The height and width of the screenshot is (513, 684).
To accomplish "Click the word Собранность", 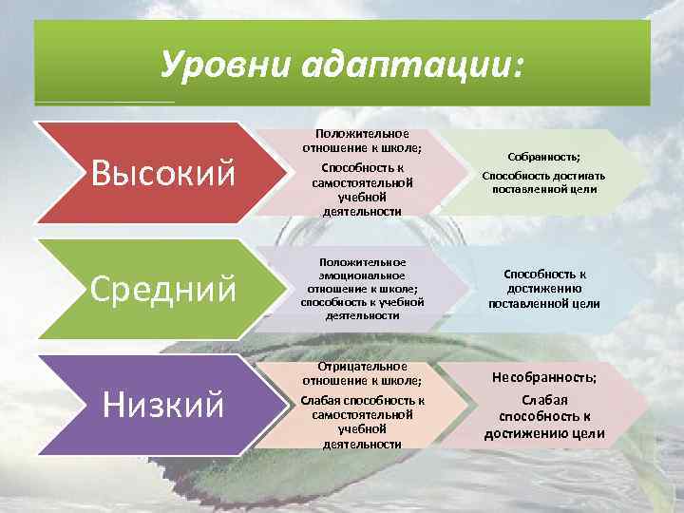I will point(543,157).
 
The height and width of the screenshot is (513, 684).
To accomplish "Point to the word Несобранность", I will point(543,377).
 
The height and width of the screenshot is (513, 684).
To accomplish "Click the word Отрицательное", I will point(362,366).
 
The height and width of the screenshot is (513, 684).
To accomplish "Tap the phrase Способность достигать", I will point(543,176).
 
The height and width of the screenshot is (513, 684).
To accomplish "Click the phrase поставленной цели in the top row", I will point(543,188).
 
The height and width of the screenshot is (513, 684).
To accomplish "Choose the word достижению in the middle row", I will point(543,289).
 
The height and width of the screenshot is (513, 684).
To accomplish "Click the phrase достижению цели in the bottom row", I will point(543,434).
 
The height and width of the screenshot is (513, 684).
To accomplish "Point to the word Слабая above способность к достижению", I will point(543,400).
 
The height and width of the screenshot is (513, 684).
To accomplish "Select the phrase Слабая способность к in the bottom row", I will point(362,400).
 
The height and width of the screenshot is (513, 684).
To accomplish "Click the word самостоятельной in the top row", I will point(362,181).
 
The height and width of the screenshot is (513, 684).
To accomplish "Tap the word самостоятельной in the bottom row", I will point(362,414).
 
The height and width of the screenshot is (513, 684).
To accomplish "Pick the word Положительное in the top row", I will point(362,134).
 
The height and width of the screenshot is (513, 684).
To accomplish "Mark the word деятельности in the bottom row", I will point(362,444).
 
